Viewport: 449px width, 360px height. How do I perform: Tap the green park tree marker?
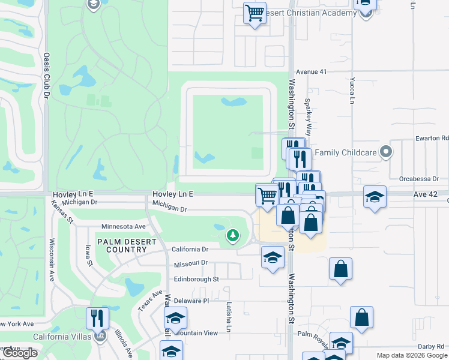[x=232, y=236]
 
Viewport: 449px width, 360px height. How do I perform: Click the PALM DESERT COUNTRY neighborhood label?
[x=118, y=246]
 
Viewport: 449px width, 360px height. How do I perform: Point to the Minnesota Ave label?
[x=124, y=227]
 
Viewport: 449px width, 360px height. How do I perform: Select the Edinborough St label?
[x=196, y=279]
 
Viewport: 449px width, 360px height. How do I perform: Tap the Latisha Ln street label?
[x=229, y=316]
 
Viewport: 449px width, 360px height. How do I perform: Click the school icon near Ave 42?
[x=375, y=197]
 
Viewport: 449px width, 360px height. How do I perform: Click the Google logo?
[x=20, y=353]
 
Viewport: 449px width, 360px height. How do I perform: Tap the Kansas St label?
[x=61, y=212]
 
